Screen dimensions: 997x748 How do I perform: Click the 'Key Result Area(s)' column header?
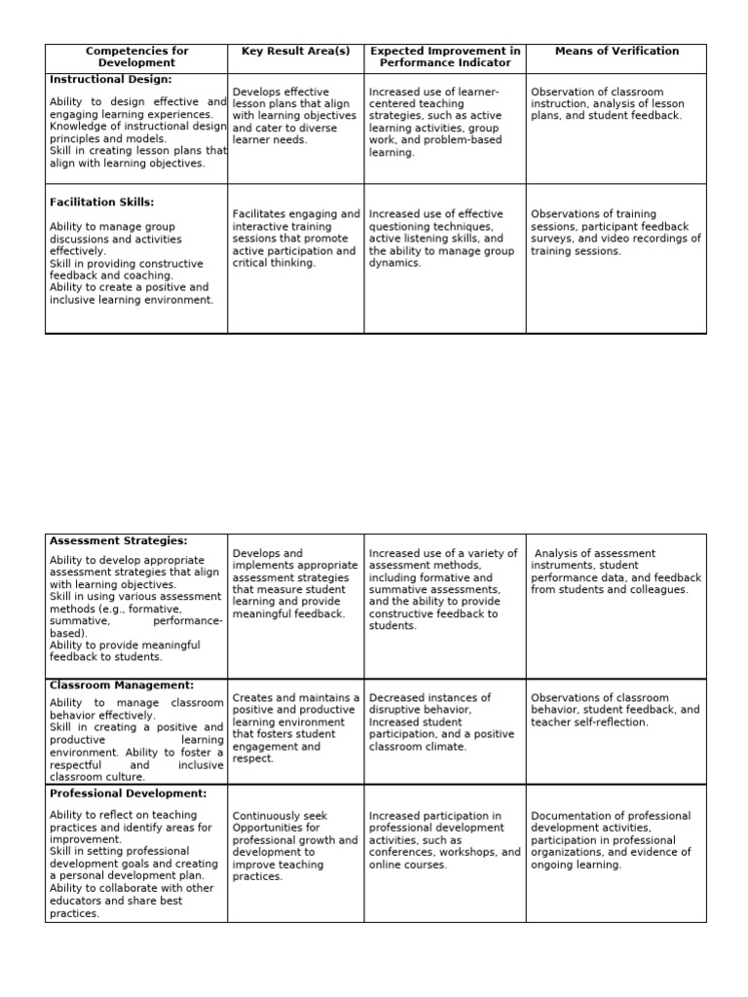click(295, 51)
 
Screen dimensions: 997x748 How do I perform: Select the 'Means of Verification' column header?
click(617, 51)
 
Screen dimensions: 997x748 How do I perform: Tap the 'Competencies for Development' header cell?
click(136, 56)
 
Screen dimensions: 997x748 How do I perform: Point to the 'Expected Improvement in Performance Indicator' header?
click(445, 56)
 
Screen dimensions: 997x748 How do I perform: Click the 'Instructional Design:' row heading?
click(110, 79)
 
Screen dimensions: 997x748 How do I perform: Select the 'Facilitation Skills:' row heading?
click(101, 203)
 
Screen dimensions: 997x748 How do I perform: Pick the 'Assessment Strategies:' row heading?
click(118, 540)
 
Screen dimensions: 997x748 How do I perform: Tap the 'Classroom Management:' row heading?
click(122, 685)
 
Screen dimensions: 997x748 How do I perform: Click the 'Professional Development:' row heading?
click(128, 794)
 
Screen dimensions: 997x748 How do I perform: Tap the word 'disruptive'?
click(394, 711)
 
